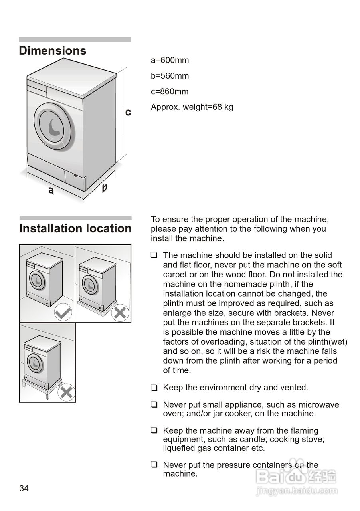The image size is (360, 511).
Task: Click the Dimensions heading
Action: tap(52, 51)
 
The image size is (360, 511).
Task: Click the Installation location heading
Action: tap(75, 228)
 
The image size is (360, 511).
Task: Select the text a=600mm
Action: tap(170, 60)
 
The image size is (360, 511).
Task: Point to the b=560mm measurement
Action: tap(170, 76)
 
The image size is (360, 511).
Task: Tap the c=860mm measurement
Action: tap(169, 91)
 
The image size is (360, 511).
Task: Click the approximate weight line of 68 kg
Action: tap(192, 107)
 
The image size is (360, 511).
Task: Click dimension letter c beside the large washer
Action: tap(128, 113)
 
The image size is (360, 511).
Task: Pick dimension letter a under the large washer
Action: tap(51, 191)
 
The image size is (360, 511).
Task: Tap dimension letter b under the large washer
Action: tap(104, 188)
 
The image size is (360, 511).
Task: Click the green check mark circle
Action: tap(63, 312)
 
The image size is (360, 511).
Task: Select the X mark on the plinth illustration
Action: tap(120, 312)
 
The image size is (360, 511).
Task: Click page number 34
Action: tap(24, 489)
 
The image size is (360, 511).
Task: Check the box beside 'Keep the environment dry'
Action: tap(154, 388)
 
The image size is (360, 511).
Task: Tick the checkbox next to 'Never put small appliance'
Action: tap(154, 405)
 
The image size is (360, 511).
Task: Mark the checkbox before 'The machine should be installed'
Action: tap(154, 255)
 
